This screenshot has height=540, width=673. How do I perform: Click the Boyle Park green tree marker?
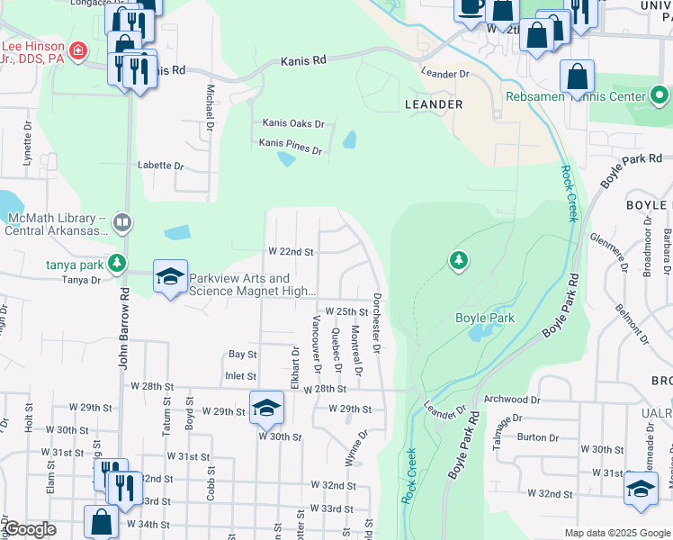tap(459, 261)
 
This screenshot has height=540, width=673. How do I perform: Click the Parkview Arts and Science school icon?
tap(169, 277)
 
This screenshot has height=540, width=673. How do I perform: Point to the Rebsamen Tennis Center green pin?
tap(659, 95)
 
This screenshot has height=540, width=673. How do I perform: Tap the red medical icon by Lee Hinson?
tap(79, 52)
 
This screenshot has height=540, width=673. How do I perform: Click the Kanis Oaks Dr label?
tap(292, 123)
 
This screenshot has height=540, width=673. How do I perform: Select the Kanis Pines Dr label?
tap(290, 147)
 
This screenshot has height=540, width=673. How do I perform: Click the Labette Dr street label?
tap(160, 166)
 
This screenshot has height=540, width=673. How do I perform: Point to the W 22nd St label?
tap(291, 252)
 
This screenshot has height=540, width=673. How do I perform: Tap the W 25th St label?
tap(348, 310)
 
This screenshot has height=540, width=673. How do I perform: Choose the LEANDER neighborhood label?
tap(434, 104)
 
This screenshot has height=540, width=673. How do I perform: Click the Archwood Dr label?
tap(512, 399)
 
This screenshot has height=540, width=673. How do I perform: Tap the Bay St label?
tap(242, 355)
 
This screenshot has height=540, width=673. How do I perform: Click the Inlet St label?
tap(241, 376)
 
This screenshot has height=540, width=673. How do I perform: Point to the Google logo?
tap(30, 529)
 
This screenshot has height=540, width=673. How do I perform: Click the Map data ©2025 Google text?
tap(616, 533)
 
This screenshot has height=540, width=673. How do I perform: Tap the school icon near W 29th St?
tap(266, 408)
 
